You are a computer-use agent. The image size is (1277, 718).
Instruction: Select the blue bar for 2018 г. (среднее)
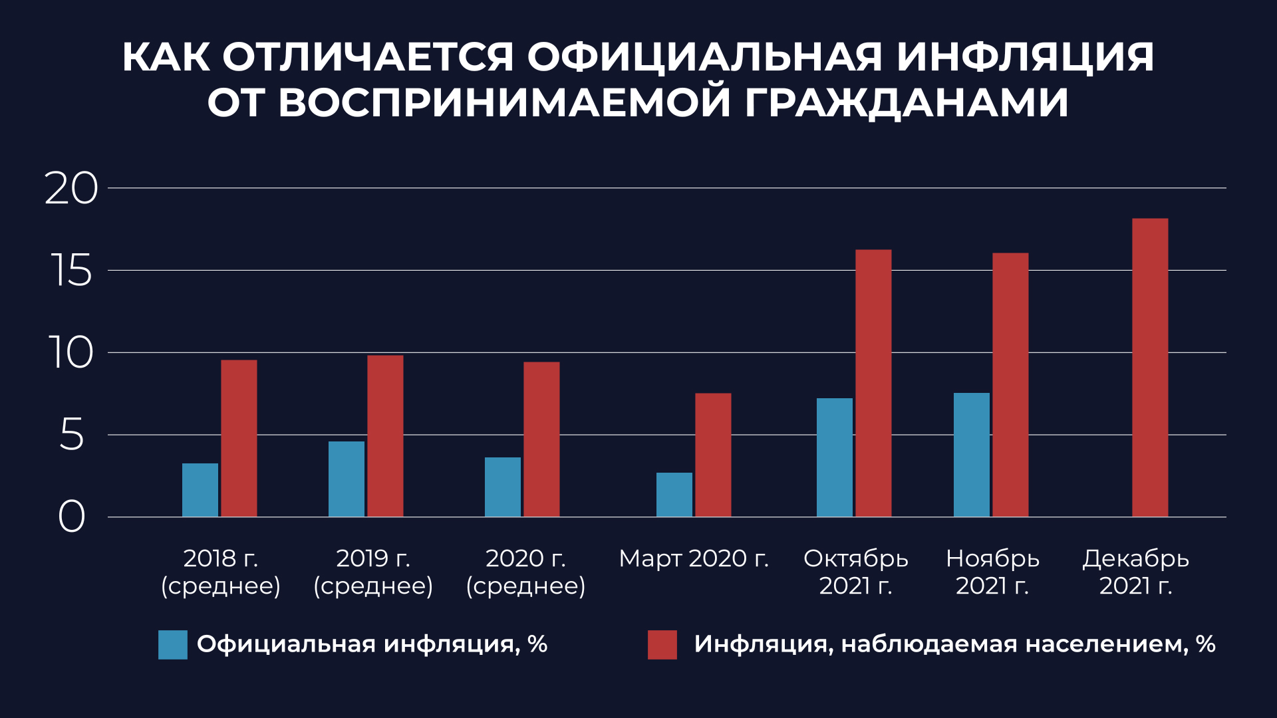200,490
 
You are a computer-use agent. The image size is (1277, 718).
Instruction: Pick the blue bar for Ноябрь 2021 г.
971,455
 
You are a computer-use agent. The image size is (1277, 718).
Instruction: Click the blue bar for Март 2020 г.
674,495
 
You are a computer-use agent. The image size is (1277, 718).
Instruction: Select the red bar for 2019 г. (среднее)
385,436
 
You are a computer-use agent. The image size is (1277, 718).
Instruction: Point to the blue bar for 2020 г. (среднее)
502,487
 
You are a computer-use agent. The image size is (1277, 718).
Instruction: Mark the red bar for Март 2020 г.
713,455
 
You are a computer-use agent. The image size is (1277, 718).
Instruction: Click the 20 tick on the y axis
71,189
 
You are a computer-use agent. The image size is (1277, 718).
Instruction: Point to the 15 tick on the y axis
71,271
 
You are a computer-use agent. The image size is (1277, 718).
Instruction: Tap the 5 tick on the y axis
71,435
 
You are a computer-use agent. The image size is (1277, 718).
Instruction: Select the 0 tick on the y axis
71,517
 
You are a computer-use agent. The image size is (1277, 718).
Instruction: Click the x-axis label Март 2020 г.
693,558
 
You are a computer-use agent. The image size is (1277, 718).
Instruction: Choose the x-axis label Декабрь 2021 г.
1135,572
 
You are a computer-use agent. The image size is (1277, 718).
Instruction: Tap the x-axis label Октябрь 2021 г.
855,572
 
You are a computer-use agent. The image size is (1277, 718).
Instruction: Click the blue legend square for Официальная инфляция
173,644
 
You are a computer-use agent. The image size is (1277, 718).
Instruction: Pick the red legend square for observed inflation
662,644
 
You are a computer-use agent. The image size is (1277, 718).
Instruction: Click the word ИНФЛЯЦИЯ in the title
1025,57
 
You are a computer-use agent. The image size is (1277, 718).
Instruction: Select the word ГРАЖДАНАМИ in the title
907,102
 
